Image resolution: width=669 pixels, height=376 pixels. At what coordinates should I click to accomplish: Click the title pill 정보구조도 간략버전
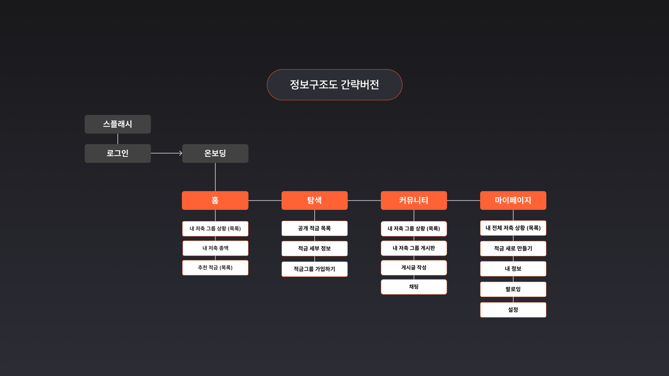pyautogui.click(x=334, y=85)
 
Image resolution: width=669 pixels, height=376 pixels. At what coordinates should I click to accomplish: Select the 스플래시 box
pyautogui.click(x=118, y=124)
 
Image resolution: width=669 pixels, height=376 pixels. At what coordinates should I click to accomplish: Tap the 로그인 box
pyautogui.click(x=118, y=153)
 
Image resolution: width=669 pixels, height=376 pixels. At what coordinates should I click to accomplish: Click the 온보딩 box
pyautogui.click(x=215, y=153)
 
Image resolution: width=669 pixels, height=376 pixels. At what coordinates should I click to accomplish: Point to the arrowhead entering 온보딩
pyautogui.click(x=181, y=153)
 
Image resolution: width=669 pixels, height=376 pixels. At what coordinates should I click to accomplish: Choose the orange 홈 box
pyautogui.click(x=215, y=200)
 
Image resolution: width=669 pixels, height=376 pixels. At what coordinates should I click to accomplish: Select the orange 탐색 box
pyautogui.click(x=314, y=200)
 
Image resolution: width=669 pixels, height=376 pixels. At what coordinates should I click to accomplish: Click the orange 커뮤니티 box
pyautogui.click(x=414, y=200)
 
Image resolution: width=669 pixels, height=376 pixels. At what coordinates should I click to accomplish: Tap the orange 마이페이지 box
pyautogui.click(x=513, y=200)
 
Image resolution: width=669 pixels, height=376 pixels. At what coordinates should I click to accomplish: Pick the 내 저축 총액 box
pyautogui.click(x=215, y=248)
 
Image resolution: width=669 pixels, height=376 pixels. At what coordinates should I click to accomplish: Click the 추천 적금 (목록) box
pyautogui.click(x=215, y=268)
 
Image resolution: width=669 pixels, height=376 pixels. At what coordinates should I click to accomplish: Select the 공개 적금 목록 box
pyautogui.click(x=314, y=228)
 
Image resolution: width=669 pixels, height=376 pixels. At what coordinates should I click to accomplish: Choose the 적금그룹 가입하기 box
pyautogui.click(x=314, y=269)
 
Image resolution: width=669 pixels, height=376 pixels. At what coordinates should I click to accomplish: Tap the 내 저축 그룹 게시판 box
pyautogui.click(x=414, y=248)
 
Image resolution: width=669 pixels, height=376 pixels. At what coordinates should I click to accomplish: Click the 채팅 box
pyautogui.click(x=414, y=287)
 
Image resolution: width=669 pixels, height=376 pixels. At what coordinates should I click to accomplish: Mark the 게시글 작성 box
pyautogui.click(x=414, y=268)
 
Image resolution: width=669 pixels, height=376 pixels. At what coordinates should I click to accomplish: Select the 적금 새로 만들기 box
pyautogui.click(x=513, y=248)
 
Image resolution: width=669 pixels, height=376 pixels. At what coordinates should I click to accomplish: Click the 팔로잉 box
pyautogui.click(x=513, y=289)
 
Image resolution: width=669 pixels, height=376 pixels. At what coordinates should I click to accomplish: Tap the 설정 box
pyautogui.click(x=513, y=310)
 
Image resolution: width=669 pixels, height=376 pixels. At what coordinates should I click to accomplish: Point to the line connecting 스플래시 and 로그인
pyautogui.click(x=118, y=139)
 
